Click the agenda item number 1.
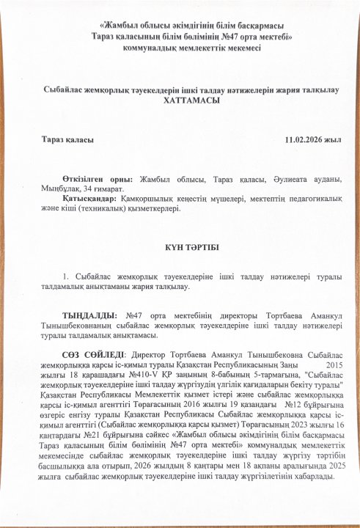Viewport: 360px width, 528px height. click(66, 276)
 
